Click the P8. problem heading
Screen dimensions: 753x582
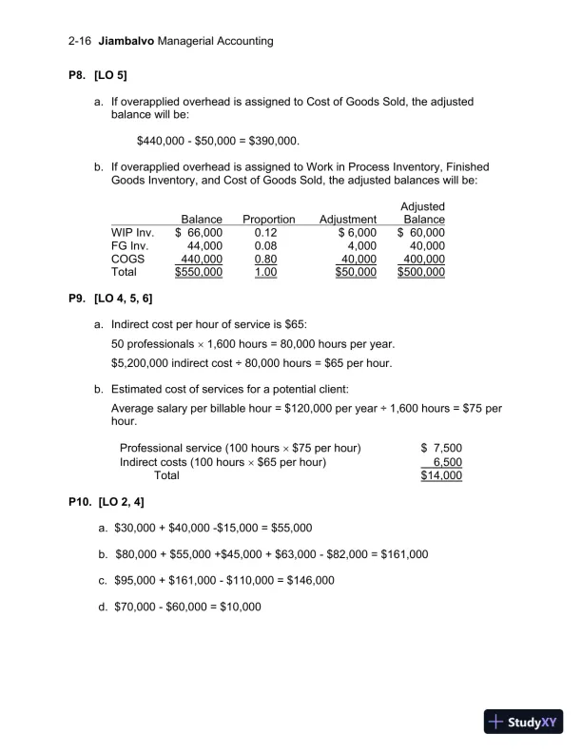tap(80, 74)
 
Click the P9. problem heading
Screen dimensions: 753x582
tap(80, 299)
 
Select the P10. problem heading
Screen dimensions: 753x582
tap(83, 501)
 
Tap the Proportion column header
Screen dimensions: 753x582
tap(268, 220)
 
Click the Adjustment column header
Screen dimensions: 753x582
tap(348, 220)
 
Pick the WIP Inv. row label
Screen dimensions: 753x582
tap(132, 232)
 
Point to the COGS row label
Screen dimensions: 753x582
tap(128, 259)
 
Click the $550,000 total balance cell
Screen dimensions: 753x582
tap(199, 272)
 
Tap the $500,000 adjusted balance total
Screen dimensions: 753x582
tap(420, 272)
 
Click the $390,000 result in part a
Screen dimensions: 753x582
tap(272, 142)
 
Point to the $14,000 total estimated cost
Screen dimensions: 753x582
tap(441, 475)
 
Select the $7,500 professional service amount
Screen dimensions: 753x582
tap(441, 449)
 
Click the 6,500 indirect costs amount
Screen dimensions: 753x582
tap(446, 462)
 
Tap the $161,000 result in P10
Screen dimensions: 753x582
tap(404, 553)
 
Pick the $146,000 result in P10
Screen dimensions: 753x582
tap(310, 580)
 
